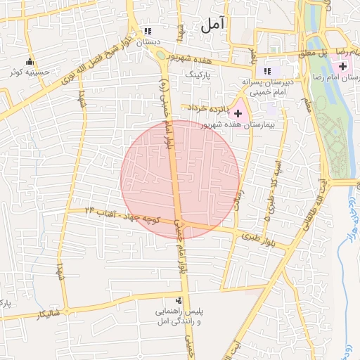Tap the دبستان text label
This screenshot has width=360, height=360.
(148, 42)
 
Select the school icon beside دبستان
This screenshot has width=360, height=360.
(148, 31)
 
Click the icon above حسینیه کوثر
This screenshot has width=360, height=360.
(30, 61)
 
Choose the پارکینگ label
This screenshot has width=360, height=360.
(198, 73)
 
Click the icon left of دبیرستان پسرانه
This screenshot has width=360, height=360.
(266, 71)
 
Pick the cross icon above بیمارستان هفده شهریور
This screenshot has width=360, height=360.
(238, 112)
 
